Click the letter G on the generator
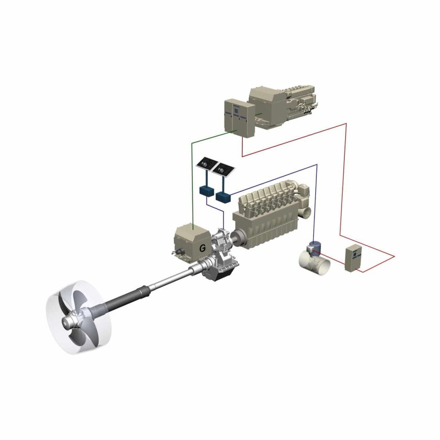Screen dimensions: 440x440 click(x=202, y=248)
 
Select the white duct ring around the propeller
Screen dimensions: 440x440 click(x=79, y=317)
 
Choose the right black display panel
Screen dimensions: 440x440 click(x=223, y=169)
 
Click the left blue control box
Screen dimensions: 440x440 click(x=206, y=191)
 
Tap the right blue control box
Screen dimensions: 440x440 click(x=223, y=197)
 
